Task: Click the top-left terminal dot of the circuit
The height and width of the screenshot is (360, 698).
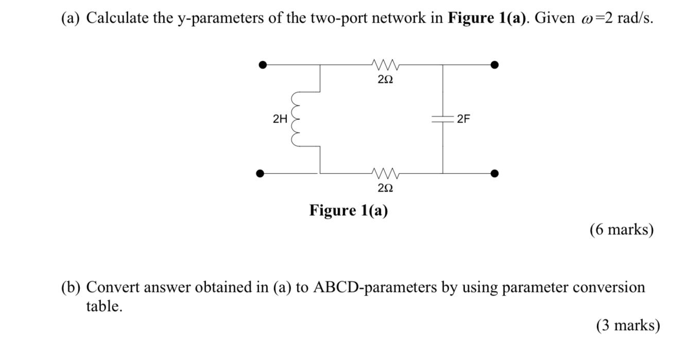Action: point(263,65)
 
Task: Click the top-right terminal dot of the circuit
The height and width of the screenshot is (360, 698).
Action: point(495,65)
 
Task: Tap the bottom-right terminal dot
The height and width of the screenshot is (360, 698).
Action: point(495,174)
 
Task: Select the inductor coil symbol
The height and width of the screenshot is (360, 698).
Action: point(297,119)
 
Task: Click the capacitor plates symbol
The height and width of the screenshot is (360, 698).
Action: point(442,119)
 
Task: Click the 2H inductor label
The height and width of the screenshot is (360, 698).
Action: point(280,119)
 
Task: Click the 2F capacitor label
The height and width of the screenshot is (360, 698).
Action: point(463,119)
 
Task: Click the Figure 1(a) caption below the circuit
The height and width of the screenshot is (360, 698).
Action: point(348,211)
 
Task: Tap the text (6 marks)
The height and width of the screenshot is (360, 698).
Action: point(621,230)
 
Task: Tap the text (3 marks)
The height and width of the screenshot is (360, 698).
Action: point(627,325)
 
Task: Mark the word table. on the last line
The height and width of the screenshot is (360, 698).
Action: point(104,307)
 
